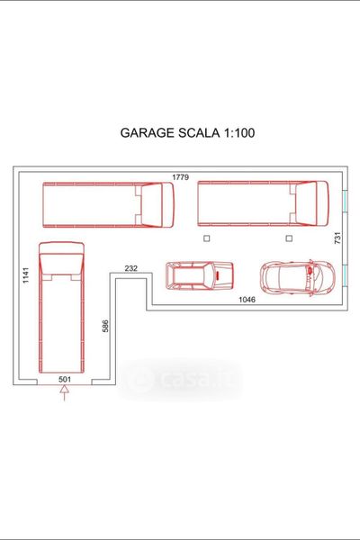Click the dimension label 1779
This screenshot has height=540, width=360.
pyautogui.click(x=181, y=177)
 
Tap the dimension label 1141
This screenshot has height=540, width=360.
pyautogui.click(x=26, y=275)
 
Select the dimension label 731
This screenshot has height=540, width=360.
pyautogui.click(x=337, y=238)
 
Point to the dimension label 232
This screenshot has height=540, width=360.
pyautogui.click(x=130, y=268)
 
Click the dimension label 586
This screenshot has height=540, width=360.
pyautogui.click(x=105, y=326)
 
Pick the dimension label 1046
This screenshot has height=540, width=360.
pyautogui.click(x=247, y=300)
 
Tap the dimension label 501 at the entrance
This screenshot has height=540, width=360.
pyautogui.click(x=65, y=380)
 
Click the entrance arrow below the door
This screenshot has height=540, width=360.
pyautogui.click(x=65, y=393)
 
